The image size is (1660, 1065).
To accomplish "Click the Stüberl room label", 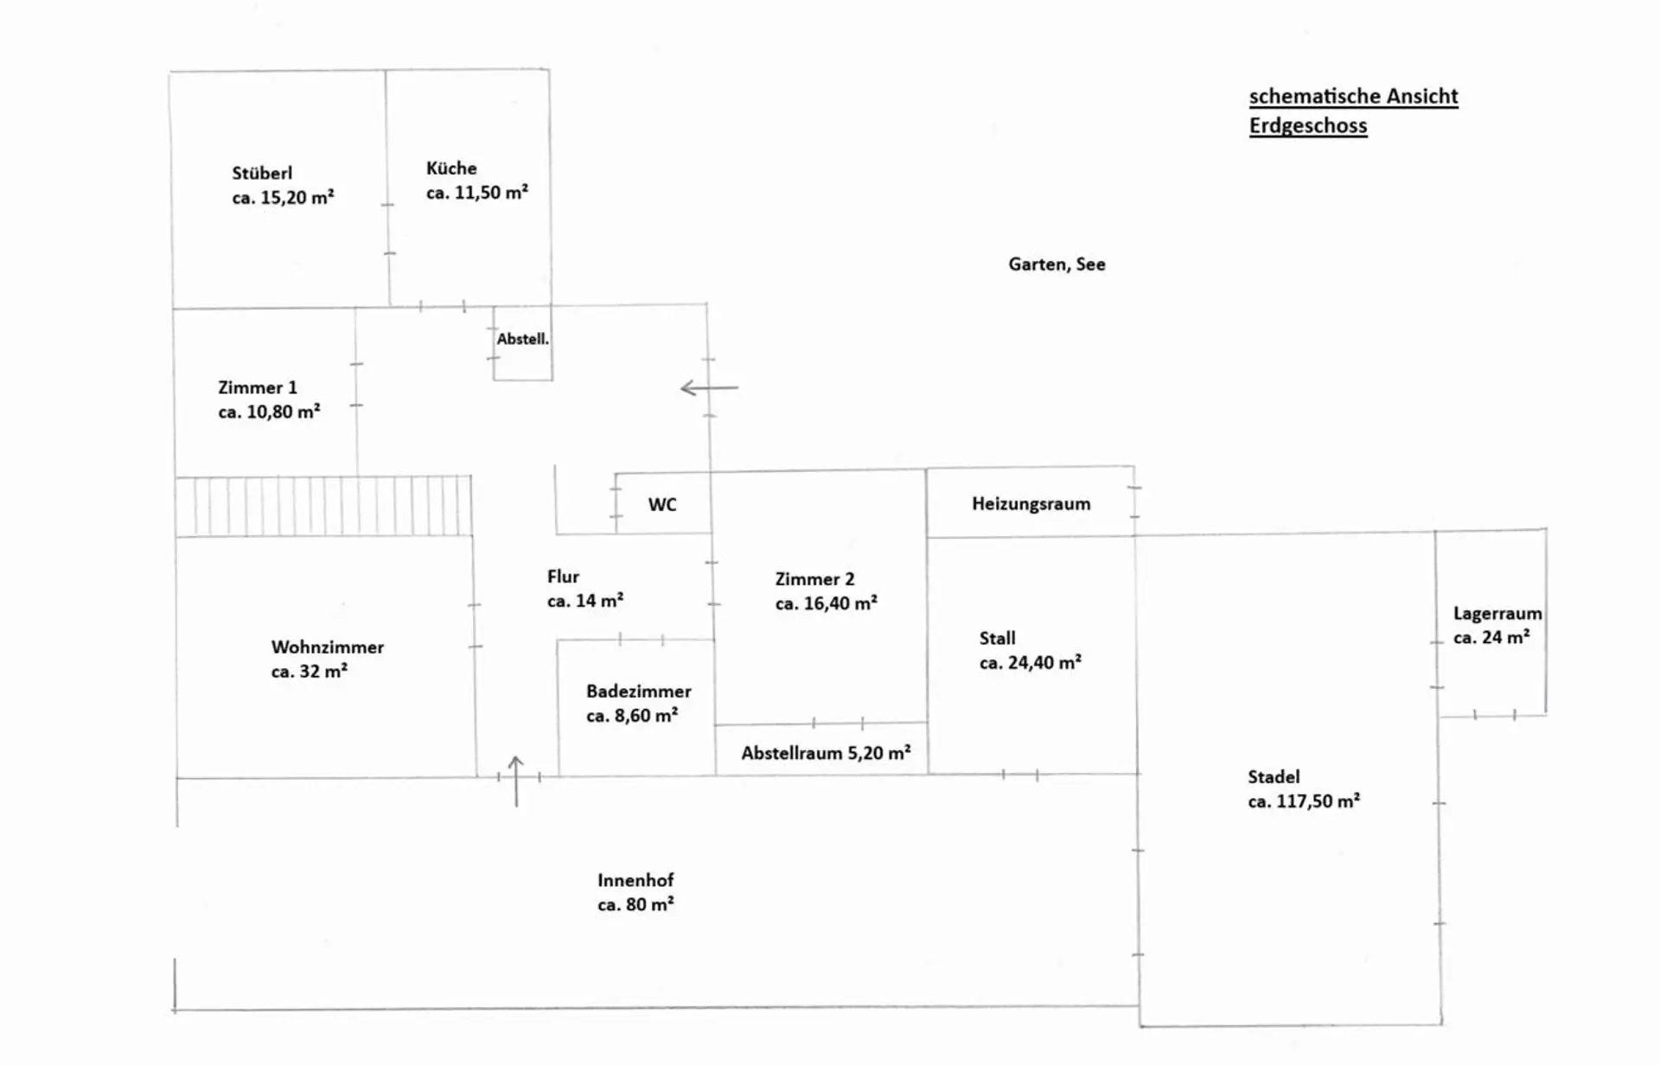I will click(262, 173).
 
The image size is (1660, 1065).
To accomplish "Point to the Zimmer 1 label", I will click(257, 387).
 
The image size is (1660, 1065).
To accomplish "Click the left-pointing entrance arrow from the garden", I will click(709, 388).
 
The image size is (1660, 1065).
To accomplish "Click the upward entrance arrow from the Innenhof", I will click(516, 781).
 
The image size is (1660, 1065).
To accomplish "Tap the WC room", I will click(662, 504).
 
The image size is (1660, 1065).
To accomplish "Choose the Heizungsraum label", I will click(1031, 504).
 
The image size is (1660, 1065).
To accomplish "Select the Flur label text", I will click(563, 577).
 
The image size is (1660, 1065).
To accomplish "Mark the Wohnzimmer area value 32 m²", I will click(310, 672).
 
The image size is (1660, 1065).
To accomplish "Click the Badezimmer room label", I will click(638, 692).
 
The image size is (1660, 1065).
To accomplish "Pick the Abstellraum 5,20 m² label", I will click(826, 753).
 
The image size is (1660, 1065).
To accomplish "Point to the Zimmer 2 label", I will click(814, 579).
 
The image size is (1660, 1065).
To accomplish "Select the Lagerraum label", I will click(1497, 614).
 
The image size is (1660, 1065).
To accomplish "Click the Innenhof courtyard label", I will click(635, 880).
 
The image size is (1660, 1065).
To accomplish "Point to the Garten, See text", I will click(1057, 265).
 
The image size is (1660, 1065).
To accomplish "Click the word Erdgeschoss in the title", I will click(1307, 126).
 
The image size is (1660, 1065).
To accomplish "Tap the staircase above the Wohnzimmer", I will click(324, 506).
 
